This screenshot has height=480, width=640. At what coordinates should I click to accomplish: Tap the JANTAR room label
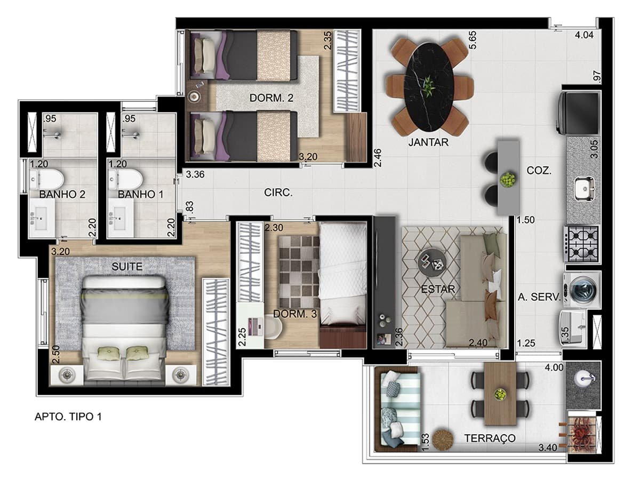428,142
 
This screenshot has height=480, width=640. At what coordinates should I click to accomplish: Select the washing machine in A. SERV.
582,290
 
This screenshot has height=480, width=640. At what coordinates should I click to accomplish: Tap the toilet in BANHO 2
46,180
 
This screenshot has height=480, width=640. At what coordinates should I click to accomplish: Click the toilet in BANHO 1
125,180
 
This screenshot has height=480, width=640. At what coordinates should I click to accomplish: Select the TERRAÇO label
490,438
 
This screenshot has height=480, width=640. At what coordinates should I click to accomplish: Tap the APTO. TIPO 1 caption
68,417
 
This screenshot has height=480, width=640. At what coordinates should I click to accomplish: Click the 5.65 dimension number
473,40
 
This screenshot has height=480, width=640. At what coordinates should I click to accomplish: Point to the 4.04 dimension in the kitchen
584,35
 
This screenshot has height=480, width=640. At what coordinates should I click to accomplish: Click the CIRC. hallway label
278,193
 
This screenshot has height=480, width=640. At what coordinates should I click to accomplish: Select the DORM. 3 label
295,314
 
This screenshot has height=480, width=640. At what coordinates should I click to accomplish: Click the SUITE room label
127,266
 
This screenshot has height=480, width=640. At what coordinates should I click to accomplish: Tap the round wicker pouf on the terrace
443,440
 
